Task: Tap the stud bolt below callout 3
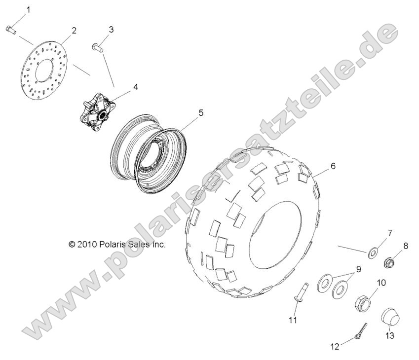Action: click(97, 47)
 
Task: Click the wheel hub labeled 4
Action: click(99, 108)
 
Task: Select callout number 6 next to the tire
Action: click(333, 166)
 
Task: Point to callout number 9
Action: click(359, 269)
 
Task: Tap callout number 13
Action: click(390, 336)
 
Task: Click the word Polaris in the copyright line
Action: click(113, 244)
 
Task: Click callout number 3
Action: click(111, 30)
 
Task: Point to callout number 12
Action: click(335, 347)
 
